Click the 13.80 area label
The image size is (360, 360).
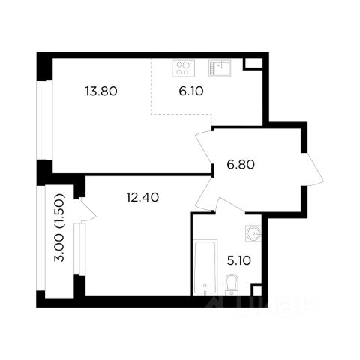pos(101,91)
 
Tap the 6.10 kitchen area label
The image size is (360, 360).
pos(191,91)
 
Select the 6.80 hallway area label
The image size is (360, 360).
pos(241,165)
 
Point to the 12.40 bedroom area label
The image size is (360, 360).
pos(142,197)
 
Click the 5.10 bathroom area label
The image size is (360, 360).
pos(238,261)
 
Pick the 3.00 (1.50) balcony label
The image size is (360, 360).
pos(59,227)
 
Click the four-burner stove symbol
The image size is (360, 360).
pos(184,68)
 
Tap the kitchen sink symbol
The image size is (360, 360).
pos(220,68)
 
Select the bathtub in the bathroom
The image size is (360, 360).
pos(205,267)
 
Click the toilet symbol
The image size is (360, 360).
pos(232,285)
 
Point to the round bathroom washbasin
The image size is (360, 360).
pos(253,233)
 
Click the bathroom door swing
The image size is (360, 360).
pos(232,205)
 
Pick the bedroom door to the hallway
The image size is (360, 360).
pos(203,195)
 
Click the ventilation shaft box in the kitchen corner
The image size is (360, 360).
pos(253,64)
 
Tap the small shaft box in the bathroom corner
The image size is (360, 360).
pos(256,289)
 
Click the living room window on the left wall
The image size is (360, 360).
pos(44,120)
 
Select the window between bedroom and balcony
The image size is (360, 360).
pos(79,249)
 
